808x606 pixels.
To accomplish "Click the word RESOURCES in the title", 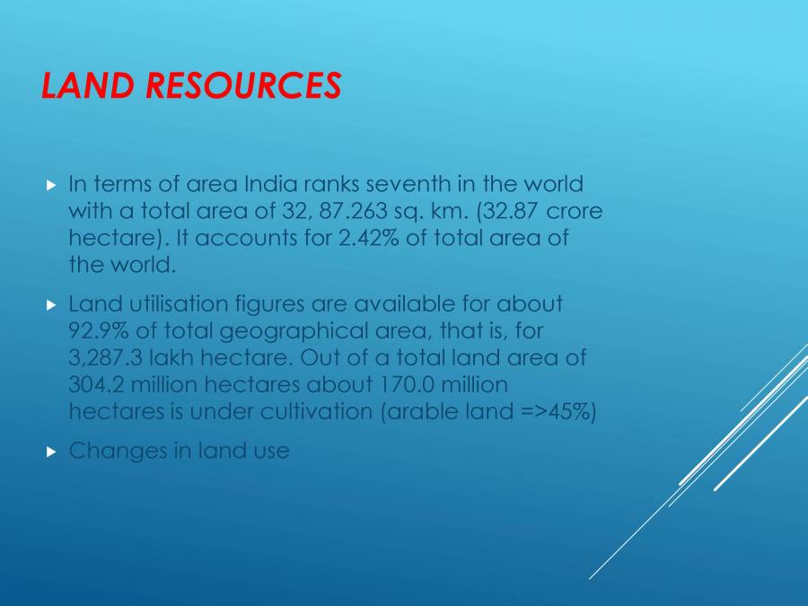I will (243, 85).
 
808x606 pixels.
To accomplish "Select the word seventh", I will (403, 184).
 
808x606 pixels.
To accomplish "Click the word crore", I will (575, 212).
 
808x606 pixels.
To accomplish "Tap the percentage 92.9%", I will (99, 331).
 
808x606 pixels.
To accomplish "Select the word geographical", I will (283, 331).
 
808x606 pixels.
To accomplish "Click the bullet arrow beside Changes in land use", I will (50, 451).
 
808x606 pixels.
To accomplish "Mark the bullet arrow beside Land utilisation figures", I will (50, 305).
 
